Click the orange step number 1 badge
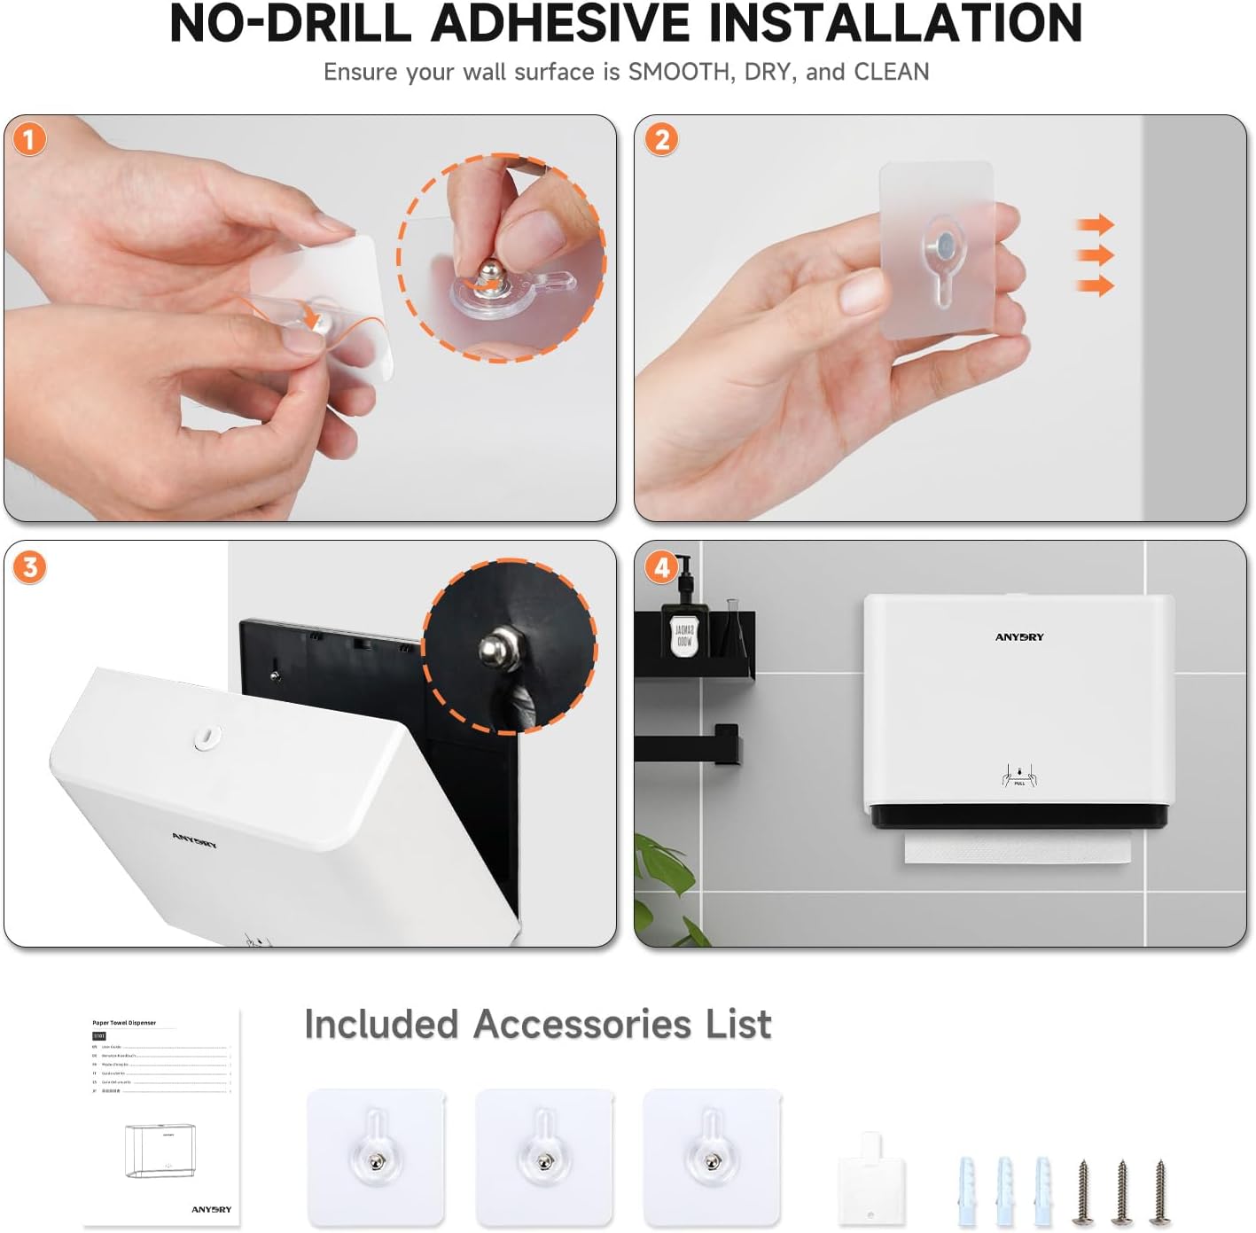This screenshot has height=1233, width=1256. (x=29, y=139)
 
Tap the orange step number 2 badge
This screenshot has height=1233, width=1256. (x=661, y=139)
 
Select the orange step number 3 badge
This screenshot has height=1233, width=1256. (x=29, y=566)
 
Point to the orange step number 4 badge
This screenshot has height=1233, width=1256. (x=661, y=566)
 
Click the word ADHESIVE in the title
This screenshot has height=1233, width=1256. (x=560, y=24)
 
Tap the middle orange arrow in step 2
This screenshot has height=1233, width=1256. (x=1096, y=255)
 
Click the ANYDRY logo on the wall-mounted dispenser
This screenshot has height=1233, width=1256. (x=1019, y=637)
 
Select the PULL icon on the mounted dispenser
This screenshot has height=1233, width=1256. (x=1019, y=776)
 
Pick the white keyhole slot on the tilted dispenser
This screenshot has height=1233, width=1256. (x=207, y=736)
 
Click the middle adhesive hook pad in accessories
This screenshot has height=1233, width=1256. (x=543, y=1157)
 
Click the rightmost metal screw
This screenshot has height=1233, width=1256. (x=1159, y=1192)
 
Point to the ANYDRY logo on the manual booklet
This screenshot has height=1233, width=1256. (x=211, y=1209)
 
